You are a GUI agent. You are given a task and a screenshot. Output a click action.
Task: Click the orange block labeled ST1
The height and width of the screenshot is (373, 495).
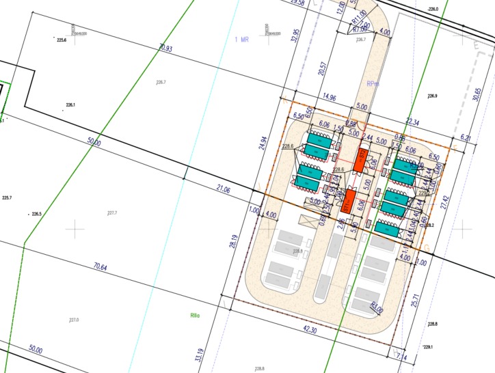click(x=347, y=202)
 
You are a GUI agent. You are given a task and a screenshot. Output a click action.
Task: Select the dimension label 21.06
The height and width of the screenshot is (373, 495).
click(x=223, y=189)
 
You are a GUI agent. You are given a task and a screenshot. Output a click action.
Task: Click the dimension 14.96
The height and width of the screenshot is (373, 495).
click(x=329, y=98)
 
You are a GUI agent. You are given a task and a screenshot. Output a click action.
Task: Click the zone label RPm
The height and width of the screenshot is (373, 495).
click(x=373, y=84)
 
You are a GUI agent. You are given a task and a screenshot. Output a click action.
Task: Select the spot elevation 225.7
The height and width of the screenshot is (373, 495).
click(x=8, y=198)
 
